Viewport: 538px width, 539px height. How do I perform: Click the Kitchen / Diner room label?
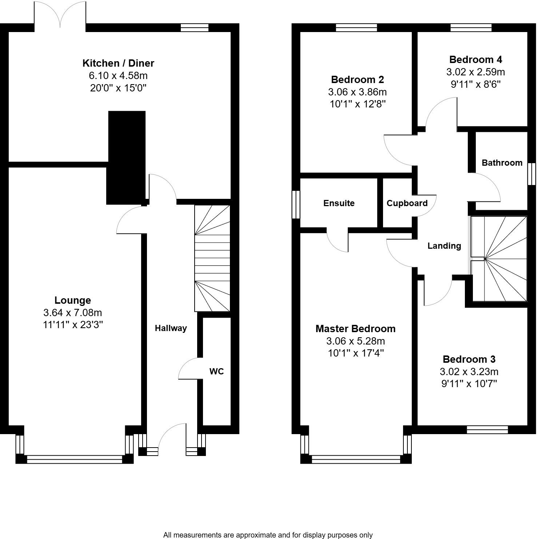(118, 63)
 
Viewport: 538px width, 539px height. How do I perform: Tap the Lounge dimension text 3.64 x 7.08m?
(73, 312)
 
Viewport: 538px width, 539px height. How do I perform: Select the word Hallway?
(171, 328)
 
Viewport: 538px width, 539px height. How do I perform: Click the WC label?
(216, 371)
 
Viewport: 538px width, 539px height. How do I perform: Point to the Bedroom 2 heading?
(357, 79)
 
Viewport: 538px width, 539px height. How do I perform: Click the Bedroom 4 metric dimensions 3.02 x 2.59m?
(475, 72)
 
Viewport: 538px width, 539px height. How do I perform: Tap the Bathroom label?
(502, 163)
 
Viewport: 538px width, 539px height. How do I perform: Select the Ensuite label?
(339, 203)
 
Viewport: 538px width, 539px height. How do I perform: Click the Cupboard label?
(407, 203)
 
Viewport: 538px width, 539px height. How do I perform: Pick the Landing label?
(444, 246)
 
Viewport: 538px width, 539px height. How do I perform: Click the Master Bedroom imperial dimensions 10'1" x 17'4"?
(355, 353)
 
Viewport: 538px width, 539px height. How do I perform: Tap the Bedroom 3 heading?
(469, 359)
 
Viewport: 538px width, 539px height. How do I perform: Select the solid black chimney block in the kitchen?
(126, 157)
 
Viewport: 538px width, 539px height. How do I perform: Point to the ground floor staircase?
(212, 259)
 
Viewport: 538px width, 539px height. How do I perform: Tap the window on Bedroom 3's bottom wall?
(487, 430)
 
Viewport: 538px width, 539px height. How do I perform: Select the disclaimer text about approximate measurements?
(268, 535)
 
